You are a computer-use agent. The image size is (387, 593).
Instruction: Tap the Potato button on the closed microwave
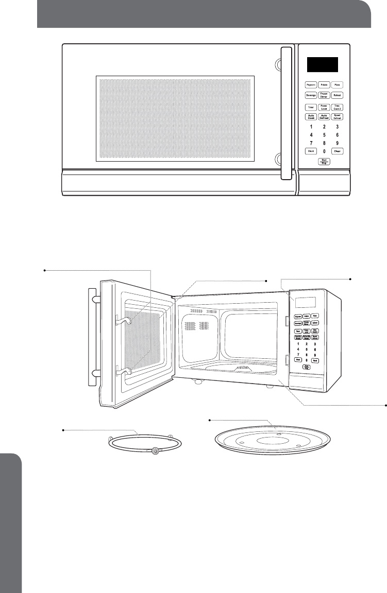pyautogui.click(x=324, y=84)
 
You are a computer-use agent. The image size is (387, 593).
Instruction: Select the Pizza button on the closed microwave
pyautogui.click(x=337, y=84)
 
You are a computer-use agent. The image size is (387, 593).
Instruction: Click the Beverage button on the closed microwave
pyautogui.click(x=310, y=95)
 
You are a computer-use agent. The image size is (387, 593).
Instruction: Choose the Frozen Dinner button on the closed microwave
pyautogui.click(x=324, y=95)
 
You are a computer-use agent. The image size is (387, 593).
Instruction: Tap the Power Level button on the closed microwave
pyautogui.click(x=324, y=107)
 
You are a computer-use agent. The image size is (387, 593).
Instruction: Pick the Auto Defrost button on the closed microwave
pyautogui.click(x=324, y=117)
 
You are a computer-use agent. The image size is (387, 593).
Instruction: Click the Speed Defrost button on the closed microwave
pyautogui.click(x=337, y=117)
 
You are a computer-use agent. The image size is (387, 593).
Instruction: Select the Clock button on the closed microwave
pyautogui.click(x=311, y=151)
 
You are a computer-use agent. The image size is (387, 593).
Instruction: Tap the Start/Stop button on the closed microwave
pyautogui.click(x=324, y=162)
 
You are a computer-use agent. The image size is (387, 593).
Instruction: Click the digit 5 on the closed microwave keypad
pyautogui.click(x=324, y=135)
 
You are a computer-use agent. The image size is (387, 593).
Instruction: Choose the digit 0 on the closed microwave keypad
pyautogui.click(x=324, y=151)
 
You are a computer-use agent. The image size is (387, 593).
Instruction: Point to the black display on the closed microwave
pyautogui.click(x=323, y=64)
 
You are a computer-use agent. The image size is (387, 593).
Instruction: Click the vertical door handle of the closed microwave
pyautogui.click(x=285, y=113)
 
